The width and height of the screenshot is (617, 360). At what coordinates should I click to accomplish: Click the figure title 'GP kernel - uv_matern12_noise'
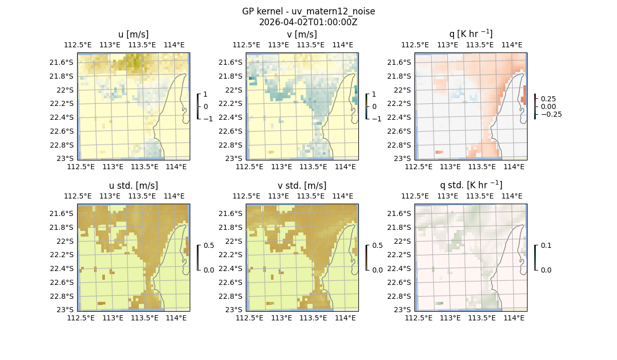308,11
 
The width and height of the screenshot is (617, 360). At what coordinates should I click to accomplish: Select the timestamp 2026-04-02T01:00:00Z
308,22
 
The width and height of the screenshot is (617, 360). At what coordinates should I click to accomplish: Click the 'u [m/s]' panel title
133,34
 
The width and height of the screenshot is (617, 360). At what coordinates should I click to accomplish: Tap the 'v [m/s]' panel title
302,34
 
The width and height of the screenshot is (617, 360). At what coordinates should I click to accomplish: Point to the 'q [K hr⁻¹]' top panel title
470,34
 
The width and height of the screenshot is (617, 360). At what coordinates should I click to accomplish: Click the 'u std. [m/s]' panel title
133,185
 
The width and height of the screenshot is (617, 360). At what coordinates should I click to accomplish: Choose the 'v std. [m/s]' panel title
302,185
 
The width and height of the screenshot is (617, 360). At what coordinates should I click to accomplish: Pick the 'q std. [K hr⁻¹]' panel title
470,185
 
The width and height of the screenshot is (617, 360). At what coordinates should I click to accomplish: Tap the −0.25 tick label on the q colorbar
550,114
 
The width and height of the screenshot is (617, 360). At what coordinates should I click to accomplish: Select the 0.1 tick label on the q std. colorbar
546,245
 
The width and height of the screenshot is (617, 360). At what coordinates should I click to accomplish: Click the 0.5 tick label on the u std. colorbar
209,245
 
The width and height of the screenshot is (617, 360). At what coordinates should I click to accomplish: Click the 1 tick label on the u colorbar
206,94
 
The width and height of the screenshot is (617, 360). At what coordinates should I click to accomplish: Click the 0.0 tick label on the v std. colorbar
377,269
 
